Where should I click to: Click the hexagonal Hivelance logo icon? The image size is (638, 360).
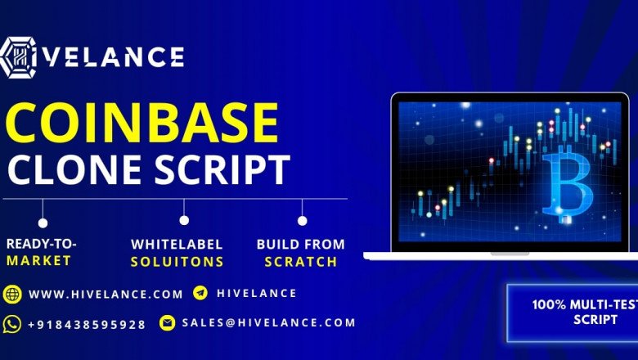[18, 58]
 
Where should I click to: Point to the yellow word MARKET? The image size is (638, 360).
[38, 261]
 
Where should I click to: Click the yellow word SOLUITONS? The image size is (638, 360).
[177, 262]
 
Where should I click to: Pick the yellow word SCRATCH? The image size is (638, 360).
[300, 262]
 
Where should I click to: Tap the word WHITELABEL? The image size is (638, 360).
[182, 245]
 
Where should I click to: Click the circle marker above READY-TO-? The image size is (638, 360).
[43, 222]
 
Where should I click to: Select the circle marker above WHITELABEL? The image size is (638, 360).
[185, 220]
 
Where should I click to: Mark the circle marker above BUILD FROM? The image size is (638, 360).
[302, 220]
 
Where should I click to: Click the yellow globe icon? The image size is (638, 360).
[12, 294]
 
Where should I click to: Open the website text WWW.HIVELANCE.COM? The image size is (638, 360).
[106, 294]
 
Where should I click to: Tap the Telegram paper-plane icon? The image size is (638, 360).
[200, 293]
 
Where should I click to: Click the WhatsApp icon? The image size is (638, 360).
[12, 323]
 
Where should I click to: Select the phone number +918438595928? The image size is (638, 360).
[87, 324]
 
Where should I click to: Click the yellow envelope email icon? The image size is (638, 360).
[168, 322]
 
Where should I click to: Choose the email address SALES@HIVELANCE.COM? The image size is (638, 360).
[269, 322]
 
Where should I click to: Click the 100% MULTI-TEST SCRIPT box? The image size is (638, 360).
[573, 312]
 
